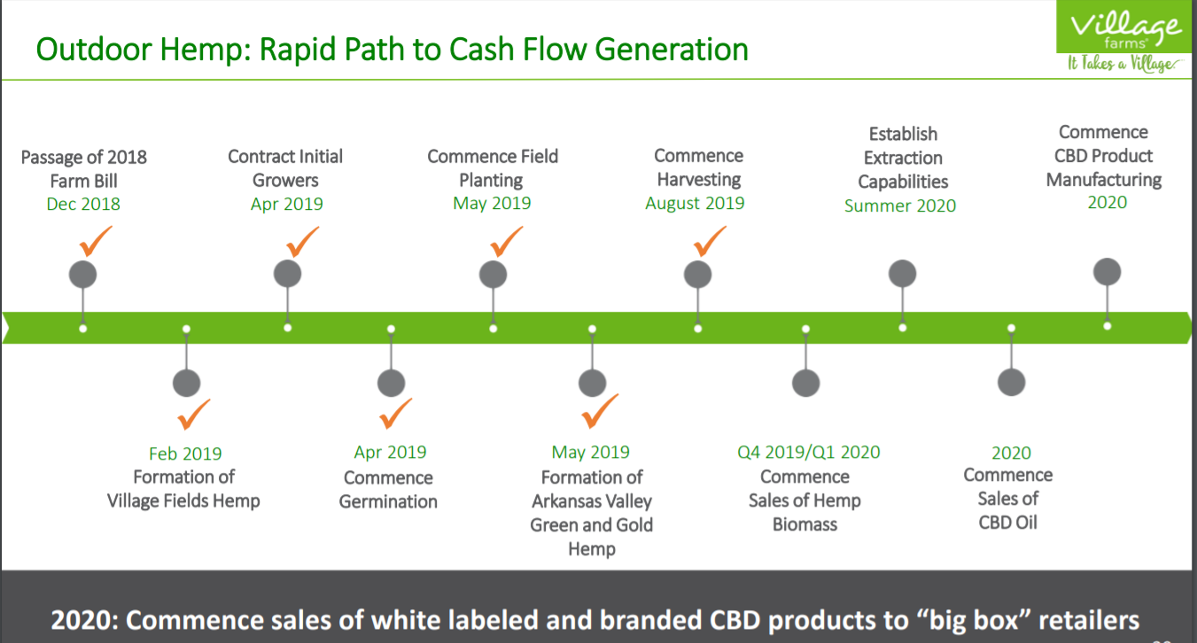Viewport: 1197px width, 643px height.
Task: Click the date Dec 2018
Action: click(x=83, y=204)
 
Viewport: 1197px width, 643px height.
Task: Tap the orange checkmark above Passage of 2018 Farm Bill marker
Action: click(x=96, y=241)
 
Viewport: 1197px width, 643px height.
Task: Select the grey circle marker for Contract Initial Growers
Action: click(x=287, y=274)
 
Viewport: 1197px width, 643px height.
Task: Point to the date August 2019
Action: click(x=695, y=204)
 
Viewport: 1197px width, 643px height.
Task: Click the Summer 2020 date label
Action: click(x=900, y=205)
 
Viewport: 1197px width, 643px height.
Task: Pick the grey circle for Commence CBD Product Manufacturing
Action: click(x=1108, y=272)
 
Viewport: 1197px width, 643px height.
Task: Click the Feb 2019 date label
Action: click(x=185, y=453)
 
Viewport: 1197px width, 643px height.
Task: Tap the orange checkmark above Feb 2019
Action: click(x=193, y=414)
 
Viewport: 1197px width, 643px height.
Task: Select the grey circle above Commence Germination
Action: click(x=391, y=383)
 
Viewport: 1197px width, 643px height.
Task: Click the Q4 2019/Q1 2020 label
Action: click(x=809, y=453)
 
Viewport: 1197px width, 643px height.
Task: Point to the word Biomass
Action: click(x=804, y=524)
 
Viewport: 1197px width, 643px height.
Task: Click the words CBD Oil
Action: click(x=1007, y=523)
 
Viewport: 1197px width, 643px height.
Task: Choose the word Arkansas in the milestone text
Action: click(x=564, y=501)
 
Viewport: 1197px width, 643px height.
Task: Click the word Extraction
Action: click(x=903, y=158)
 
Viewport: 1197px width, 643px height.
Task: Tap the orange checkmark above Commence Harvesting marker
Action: click(x=710, y=241)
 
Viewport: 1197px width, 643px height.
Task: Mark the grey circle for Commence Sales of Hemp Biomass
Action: click(x=806, y=383)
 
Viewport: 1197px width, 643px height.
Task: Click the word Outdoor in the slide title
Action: click(x=94, y=50)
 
